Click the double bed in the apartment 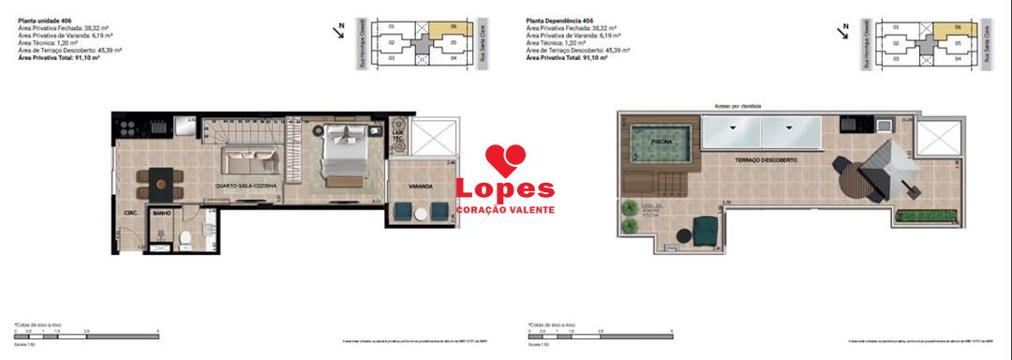point(343,152)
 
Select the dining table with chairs point(156,181)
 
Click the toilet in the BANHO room point(186,240)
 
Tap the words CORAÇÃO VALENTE point(504,208)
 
